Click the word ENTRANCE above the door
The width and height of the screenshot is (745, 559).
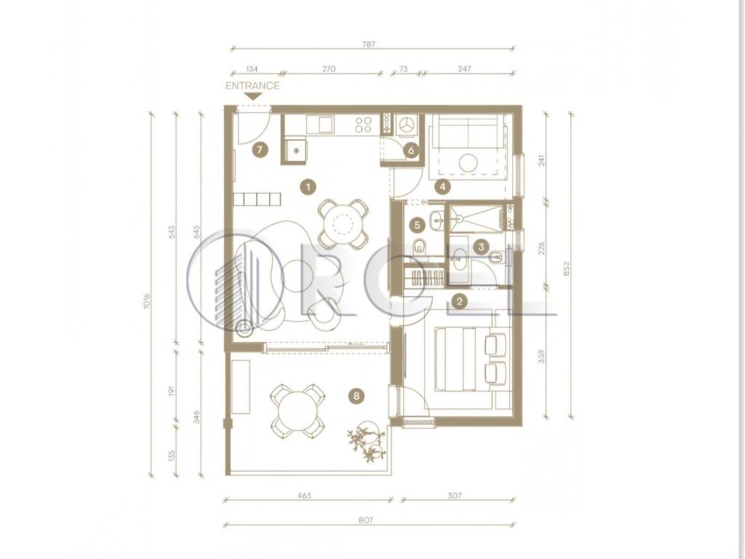point(252,86)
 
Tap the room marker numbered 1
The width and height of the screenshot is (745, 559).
point(308,187)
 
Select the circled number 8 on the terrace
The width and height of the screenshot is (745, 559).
point(356,395)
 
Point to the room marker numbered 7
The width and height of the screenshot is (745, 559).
point(260,150)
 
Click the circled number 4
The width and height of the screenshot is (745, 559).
point(443,187)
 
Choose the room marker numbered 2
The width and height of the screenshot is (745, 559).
point(460,301)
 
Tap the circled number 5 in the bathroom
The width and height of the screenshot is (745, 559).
point(417,225)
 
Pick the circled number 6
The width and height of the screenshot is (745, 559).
point(411,151)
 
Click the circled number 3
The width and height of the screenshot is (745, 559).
point(482,247)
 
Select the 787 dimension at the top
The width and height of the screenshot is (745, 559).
point(369,44)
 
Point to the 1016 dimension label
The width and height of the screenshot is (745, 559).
point(146,301)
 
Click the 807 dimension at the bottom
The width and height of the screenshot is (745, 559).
point(365,520)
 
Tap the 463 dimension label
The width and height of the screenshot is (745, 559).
point(304,496)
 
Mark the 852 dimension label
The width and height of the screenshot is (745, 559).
point(566,269)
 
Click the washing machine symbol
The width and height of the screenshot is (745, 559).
point(406,125)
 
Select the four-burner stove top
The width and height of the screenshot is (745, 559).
point(364,124)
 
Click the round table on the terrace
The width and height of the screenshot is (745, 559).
point(298,411)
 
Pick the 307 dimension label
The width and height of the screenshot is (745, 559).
point(455,496)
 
